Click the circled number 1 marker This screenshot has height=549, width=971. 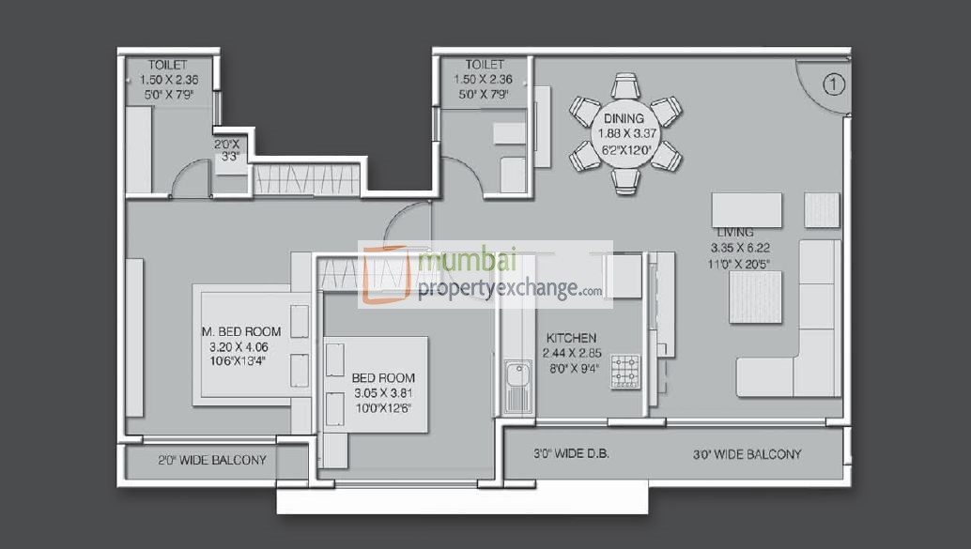834,84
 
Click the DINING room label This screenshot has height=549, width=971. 624,119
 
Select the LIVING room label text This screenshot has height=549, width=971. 736,232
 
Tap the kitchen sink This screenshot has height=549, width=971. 517,386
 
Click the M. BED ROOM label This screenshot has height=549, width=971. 241,331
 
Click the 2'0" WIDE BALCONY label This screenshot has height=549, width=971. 211,461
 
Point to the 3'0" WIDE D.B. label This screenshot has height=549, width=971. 571,454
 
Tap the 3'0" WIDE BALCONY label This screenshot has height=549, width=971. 747,454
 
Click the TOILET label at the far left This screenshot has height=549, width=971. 167,66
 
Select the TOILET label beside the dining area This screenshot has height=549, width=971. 485,66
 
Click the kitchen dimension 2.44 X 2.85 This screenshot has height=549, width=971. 571,353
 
